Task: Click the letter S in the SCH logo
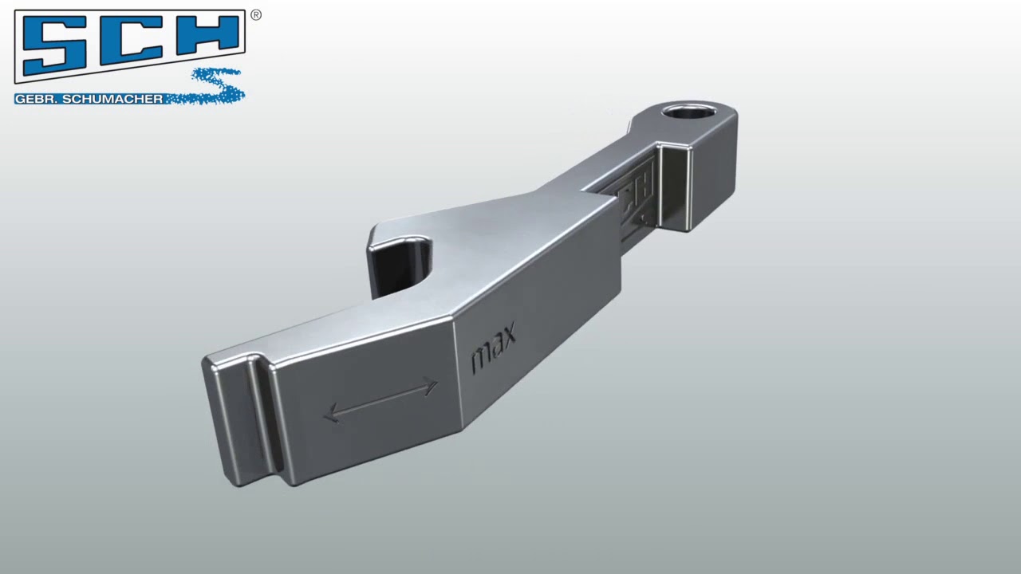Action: click(x=57, y=45)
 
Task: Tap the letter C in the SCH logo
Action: click(x=130, y=45)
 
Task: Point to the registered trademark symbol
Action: click(x=256, y=14)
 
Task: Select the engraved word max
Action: click(x=494, y=347)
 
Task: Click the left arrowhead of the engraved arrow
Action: click(x=332, y=414)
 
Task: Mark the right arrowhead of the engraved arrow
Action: click(x=432, y=387)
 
